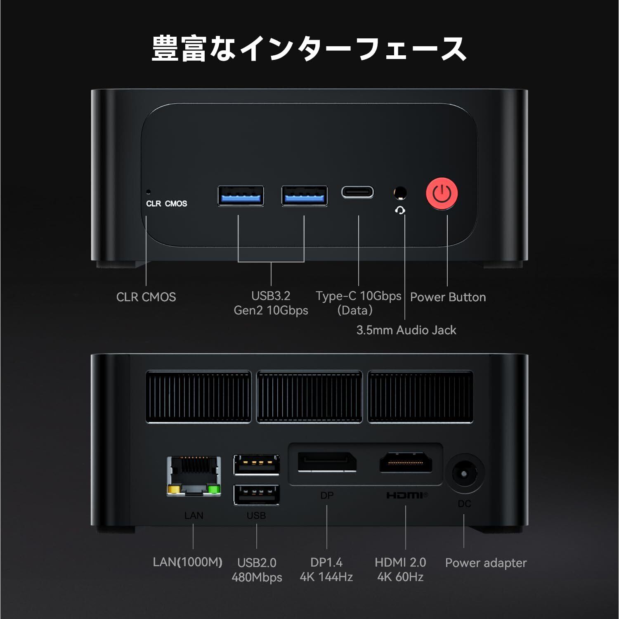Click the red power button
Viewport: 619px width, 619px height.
pos(442,194)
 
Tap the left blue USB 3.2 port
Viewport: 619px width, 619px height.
pos(241,196)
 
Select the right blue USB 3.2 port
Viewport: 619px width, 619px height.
pos(305,196)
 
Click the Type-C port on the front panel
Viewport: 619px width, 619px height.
pos(357,192)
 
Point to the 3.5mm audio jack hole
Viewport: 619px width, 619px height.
pos(399,193)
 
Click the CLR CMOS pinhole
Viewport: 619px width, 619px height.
pos(149,192)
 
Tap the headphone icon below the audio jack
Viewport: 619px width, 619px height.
pos(399,211)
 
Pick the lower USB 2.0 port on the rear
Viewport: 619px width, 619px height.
pos(256,494)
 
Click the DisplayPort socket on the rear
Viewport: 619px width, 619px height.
pos(327,462)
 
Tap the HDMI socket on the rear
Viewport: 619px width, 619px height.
pos(406,462)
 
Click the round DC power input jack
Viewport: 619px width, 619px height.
pos(464,474)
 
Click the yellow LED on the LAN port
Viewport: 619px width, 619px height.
pos(173,490)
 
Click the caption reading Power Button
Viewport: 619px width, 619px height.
pos(448,297)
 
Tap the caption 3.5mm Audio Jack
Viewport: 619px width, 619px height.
pos(406,330)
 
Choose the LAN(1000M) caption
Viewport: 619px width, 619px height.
pos(187,562)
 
